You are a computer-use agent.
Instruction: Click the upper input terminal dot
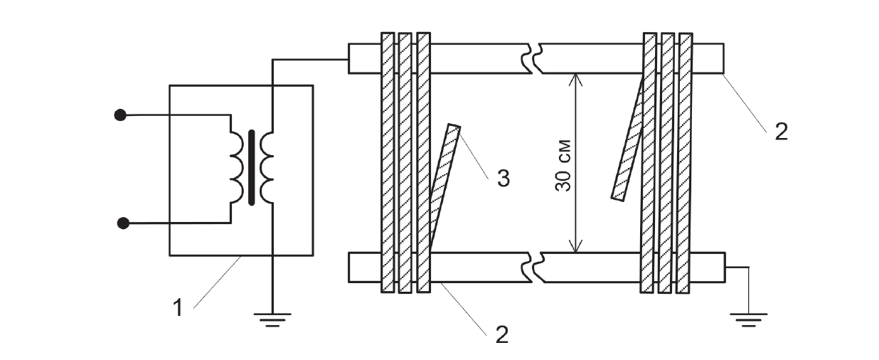tap(120, 115)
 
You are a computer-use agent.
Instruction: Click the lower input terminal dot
tap(123, 223)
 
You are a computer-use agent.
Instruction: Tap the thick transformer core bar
tap(252, 168)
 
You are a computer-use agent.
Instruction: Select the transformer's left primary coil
tap(237, 168)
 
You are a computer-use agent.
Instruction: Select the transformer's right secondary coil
tap(267, 168)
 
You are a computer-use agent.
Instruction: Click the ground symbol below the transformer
tap(272, 320)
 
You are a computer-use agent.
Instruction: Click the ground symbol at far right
tap(748, 320)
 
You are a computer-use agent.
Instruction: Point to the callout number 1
tap(179, 307)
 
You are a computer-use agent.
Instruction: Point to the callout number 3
tap(503, 179)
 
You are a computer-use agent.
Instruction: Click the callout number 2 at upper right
tap(782, 132)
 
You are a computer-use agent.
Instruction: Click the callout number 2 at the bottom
tap(502, 334)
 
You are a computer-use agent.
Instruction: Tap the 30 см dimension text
tap(563, 165)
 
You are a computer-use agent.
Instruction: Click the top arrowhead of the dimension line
tap(575, 79)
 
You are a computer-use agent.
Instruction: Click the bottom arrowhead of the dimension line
tap(575, 246)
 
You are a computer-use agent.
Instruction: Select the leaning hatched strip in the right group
tap(628, 137)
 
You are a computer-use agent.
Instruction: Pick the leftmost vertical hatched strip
tap(388, 162)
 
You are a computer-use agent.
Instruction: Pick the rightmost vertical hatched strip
tap(684, 163)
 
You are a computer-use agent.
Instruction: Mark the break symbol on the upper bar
tap(533, 58)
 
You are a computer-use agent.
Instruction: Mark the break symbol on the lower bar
tap(533, 268)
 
